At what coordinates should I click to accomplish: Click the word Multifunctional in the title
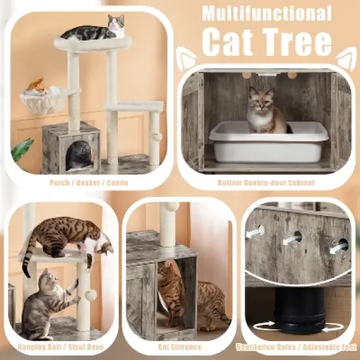click(x=267, y=13)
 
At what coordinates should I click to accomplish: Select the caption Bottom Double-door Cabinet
click(x=269, y=183)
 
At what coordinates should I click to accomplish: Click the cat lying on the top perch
click(x=93, y=30)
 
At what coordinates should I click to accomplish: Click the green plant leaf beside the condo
click(x=22, y=150)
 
